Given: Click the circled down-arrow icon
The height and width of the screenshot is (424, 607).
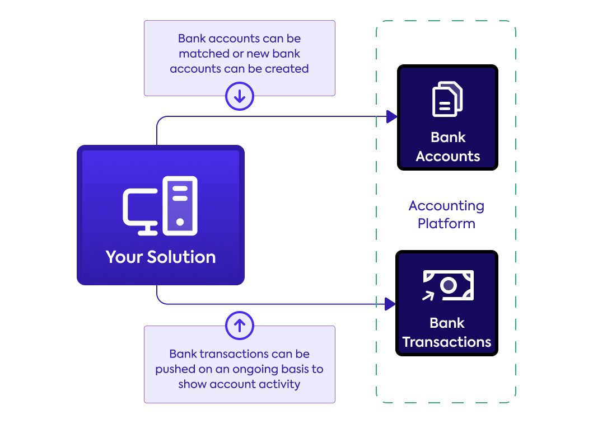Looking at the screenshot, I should point(240,97).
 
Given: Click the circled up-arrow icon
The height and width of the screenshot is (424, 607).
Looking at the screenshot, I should point(240,326).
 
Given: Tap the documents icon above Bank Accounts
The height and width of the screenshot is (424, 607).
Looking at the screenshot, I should point(447,99).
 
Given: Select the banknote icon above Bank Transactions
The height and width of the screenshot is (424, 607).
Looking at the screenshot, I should point(449,285).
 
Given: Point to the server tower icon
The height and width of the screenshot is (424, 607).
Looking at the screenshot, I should point(180,205).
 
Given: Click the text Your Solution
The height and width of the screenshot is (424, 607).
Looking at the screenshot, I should point(161,257).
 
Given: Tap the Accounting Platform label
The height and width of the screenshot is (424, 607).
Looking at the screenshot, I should point(446,215).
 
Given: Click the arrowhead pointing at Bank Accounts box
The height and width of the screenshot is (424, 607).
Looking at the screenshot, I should point(391,117).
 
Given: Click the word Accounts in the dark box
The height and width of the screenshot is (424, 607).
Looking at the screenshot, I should point(448,156).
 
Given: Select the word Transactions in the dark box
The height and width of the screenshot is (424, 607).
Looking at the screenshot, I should point(447,342).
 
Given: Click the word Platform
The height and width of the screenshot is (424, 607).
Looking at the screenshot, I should point(446,224).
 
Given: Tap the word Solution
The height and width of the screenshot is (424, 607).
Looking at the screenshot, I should point(181,257).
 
